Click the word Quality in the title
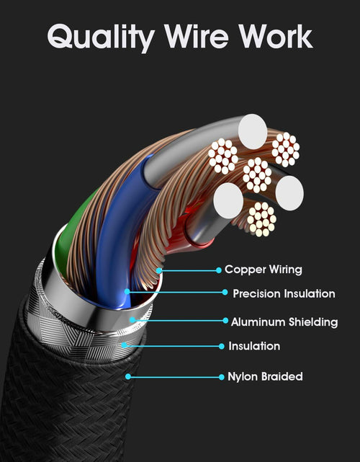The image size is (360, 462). (101, 37)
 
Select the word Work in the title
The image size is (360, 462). (276, 36)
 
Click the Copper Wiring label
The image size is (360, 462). (263, 270)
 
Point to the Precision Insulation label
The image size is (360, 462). (284, 293)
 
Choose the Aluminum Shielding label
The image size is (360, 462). (284, 321)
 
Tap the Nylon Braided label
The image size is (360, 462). (265, 376)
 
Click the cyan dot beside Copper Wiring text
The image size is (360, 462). (219, 270)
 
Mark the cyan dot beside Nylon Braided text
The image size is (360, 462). (222, 377)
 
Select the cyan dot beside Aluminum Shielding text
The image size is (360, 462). (225, 321)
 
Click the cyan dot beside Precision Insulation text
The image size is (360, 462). (225, 293)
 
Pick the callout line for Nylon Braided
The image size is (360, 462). (175, 377)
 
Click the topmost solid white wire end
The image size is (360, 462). (253, 131)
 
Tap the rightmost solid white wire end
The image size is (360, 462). (289, 193)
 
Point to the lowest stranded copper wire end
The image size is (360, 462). (261, 219)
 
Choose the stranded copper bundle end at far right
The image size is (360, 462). (286, 150)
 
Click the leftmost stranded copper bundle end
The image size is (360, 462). (223, 156)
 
